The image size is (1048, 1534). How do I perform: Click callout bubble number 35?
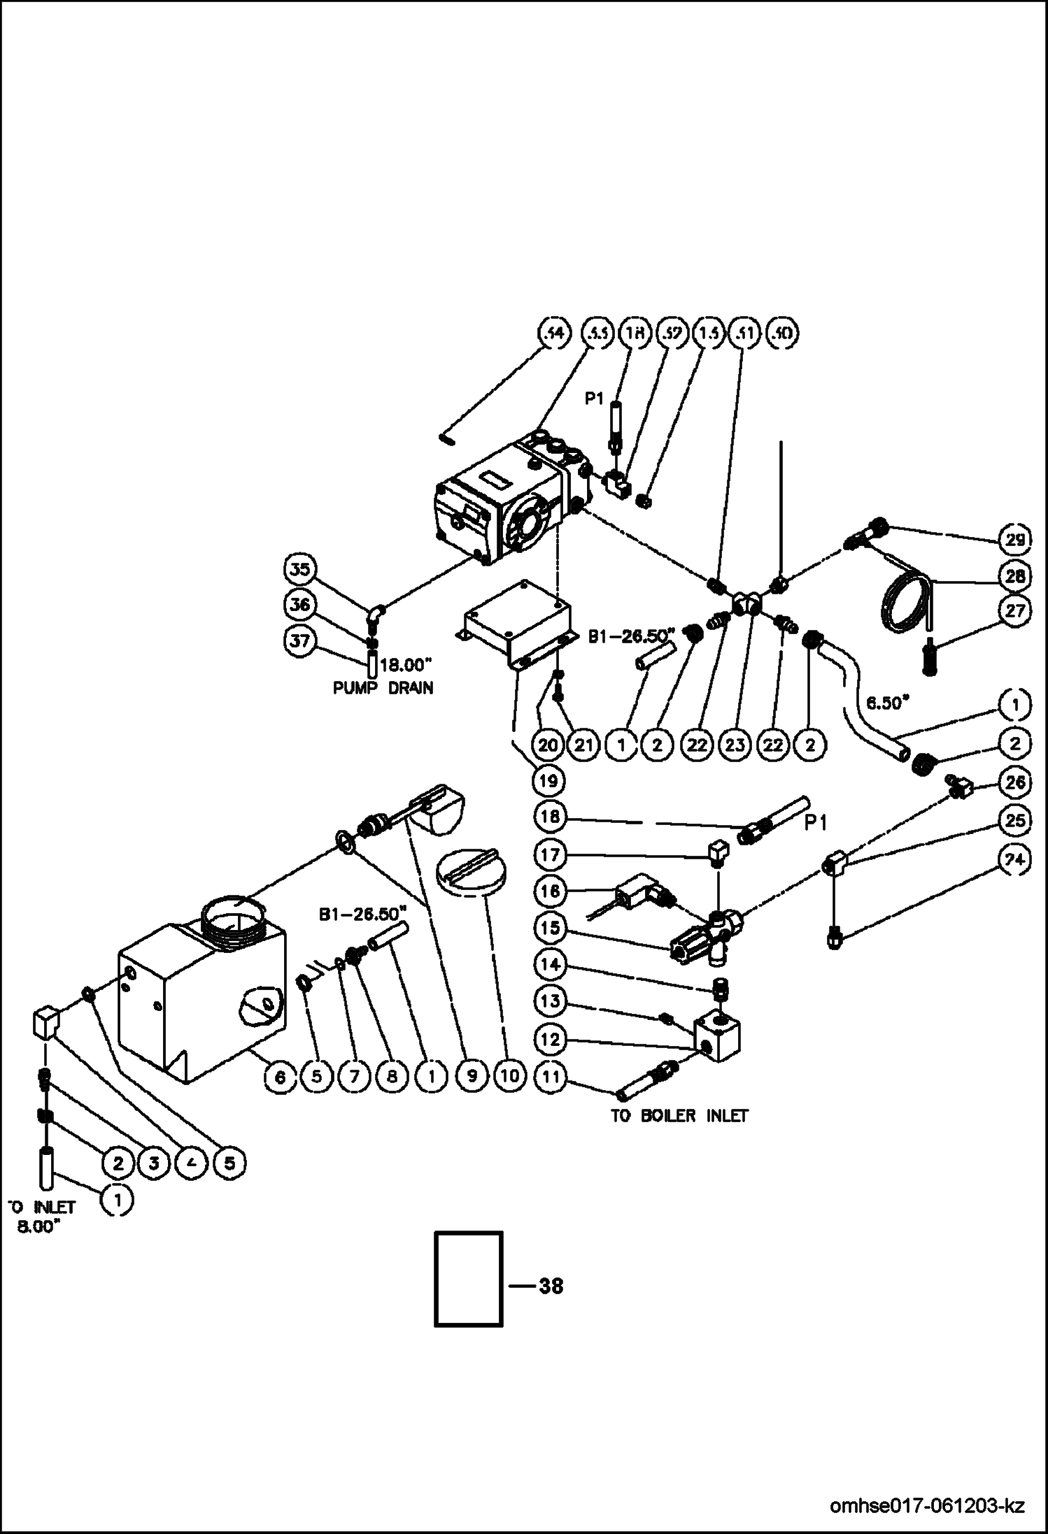(299, 568)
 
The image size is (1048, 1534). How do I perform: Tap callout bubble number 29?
(1015, 539)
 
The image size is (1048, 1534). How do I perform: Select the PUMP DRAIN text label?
(383, 687)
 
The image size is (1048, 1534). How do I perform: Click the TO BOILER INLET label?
(679, 1115)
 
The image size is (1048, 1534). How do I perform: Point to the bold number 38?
(551, 1285)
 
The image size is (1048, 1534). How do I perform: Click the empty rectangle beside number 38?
(468, 1278)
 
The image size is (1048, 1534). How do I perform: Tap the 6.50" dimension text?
(887, 703)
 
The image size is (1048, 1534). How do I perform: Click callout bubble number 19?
(548, 780)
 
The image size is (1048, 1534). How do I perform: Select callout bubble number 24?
(1015, 862)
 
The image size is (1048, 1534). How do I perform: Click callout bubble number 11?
(551, 1077)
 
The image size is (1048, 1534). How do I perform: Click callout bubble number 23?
(735, 745)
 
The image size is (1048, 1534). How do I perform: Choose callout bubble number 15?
(551, 928)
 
